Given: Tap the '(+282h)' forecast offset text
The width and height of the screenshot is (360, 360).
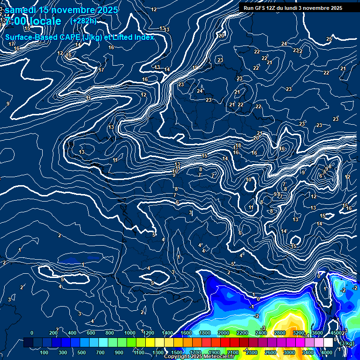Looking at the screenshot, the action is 83,21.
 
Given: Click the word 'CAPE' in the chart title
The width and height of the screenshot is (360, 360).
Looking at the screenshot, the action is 69,37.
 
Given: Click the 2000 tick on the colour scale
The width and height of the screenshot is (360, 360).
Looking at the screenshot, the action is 224,333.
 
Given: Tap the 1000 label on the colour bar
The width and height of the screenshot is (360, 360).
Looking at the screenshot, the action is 129,333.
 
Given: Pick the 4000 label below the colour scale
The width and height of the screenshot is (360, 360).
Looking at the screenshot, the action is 327,352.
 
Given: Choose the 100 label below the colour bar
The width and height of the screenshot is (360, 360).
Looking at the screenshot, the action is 44,352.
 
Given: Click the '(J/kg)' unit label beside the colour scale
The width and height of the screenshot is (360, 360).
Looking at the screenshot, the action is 347,344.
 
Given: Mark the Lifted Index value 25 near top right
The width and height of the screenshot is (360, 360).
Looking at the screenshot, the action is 329,39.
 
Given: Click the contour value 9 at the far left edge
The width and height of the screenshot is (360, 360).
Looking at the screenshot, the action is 8,104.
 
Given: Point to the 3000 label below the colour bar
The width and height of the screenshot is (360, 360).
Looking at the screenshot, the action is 289,352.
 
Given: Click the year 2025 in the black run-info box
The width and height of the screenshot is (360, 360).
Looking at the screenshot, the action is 335,8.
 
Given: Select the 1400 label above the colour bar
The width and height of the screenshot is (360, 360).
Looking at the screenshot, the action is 167,333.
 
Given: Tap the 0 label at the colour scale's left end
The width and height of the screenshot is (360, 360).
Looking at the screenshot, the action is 31,333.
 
